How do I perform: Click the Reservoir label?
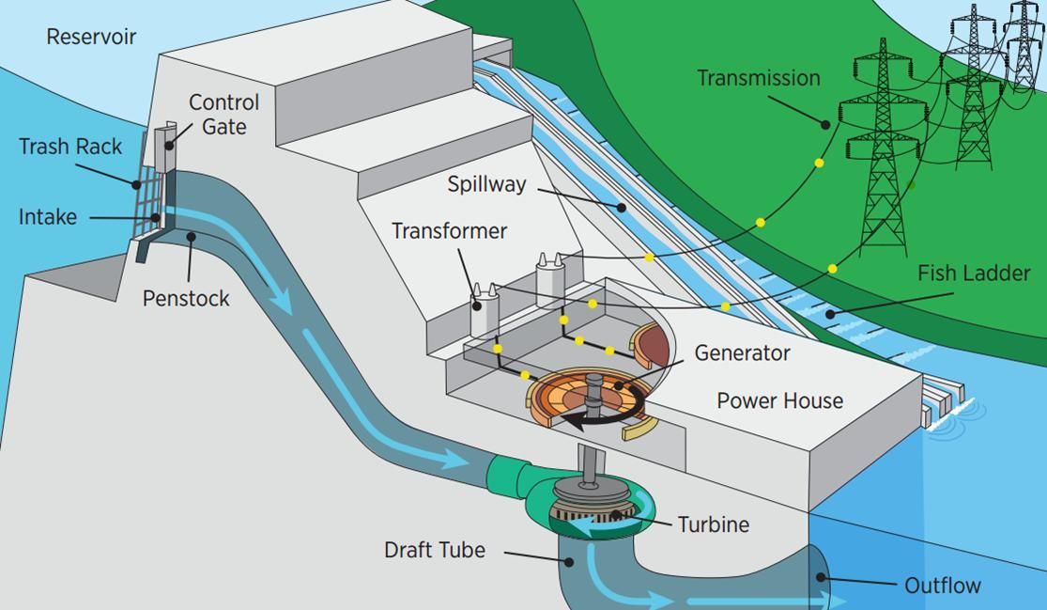pyautogui.click(x=91, y=38)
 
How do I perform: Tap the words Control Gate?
pyautogui.click(x=223, y=114)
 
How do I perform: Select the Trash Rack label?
pyautogui.click(x=70, y=147)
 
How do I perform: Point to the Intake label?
pyautogui.click(x=48, y=217)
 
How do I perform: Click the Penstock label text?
pyautogui.click(x=186, y=299)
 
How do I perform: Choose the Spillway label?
pyautogui.click(x=486, y=184)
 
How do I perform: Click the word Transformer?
pyautogui.click(x=449, y=231)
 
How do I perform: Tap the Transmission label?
pyautogui.click(x=758, y=78)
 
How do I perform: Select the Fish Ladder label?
pyautogui.click(x=974, y=274)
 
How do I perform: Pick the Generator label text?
pyautogui.click(x=742, y=353)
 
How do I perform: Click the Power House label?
pyautogui.click(x=779, y=400)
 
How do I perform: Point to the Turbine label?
pyautogui.click(x=714, y=524)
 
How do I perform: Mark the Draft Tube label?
pyautogui.click(x=435, y=550)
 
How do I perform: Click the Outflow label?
pyautogui.click(x=942, y=587)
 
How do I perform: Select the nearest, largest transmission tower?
pyautogui.click(x=883, y=150)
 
